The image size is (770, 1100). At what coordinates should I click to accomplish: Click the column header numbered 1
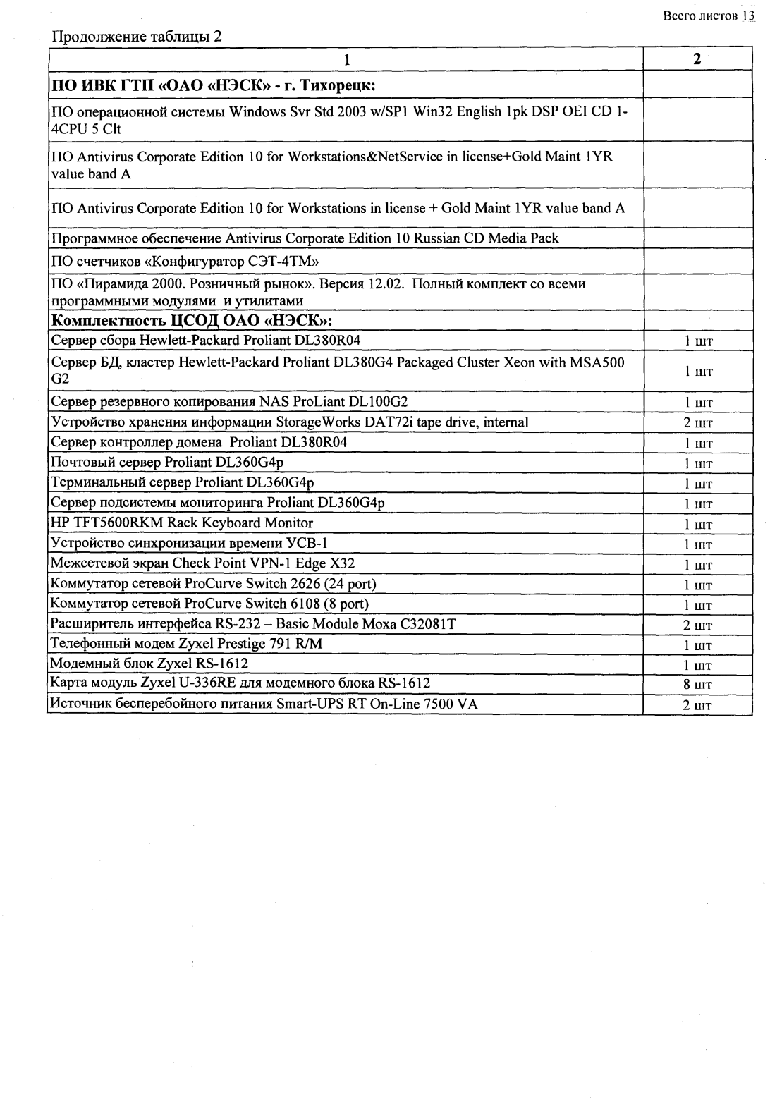point(346,61)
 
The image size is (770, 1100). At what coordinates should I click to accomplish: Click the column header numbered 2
point(697,60)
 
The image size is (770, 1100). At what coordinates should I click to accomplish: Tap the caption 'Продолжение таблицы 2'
point(137,36)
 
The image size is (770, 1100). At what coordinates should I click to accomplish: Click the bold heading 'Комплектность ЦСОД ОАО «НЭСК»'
point(192,322)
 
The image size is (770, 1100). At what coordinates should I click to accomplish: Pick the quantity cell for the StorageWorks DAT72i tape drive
point(697,423)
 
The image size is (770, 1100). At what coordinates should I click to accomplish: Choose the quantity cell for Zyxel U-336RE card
point(697,685)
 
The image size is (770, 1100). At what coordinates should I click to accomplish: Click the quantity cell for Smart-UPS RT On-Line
point(697,705)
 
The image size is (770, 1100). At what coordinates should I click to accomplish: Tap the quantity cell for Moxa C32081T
point(697,625)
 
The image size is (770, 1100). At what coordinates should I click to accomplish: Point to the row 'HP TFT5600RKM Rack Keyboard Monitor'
point(182,523)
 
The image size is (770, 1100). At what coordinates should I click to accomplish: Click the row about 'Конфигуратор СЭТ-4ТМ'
point(185,261)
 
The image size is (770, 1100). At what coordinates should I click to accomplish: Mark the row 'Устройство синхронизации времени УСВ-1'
point(189,544)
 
